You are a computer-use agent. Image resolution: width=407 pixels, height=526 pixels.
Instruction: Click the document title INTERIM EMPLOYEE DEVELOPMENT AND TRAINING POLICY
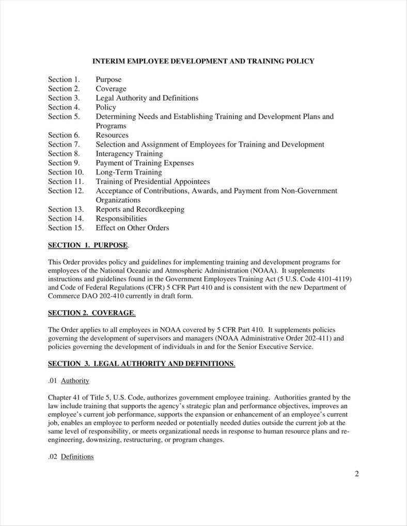[203, 61]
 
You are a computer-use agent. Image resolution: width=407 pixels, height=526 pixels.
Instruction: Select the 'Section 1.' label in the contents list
[64, 79]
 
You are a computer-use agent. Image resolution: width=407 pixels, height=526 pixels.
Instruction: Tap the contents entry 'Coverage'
[111, 89]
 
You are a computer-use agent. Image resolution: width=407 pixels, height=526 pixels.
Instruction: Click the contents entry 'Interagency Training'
[129, 154]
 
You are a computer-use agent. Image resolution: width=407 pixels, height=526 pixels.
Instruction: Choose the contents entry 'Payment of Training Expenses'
[145, 163]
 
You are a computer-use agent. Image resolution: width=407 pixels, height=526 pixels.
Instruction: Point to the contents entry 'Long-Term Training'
[129, 172]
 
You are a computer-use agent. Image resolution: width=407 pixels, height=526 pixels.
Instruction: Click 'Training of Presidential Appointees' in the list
[152, 182]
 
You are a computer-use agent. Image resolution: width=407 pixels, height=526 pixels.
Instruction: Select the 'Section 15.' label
[66, 228]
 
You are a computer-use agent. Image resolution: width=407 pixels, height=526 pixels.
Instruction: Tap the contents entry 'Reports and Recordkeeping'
[140, 210]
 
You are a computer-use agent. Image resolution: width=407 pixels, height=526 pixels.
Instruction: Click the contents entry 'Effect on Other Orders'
[132, 228]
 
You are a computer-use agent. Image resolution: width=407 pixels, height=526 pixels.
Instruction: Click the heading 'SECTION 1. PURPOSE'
[88, 245]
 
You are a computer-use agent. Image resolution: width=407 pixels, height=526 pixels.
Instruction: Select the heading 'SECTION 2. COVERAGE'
[91, 313]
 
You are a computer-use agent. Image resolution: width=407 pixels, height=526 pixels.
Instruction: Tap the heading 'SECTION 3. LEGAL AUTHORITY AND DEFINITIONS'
[141, 363]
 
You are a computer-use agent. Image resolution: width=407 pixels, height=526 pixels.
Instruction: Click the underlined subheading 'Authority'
[75, 381]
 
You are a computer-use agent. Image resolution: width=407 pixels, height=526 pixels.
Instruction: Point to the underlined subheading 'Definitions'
[77, 457]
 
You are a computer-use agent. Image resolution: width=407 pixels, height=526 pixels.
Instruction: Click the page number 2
[356, 474]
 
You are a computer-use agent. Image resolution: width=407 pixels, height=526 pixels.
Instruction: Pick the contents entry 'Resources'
[112, 135]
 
